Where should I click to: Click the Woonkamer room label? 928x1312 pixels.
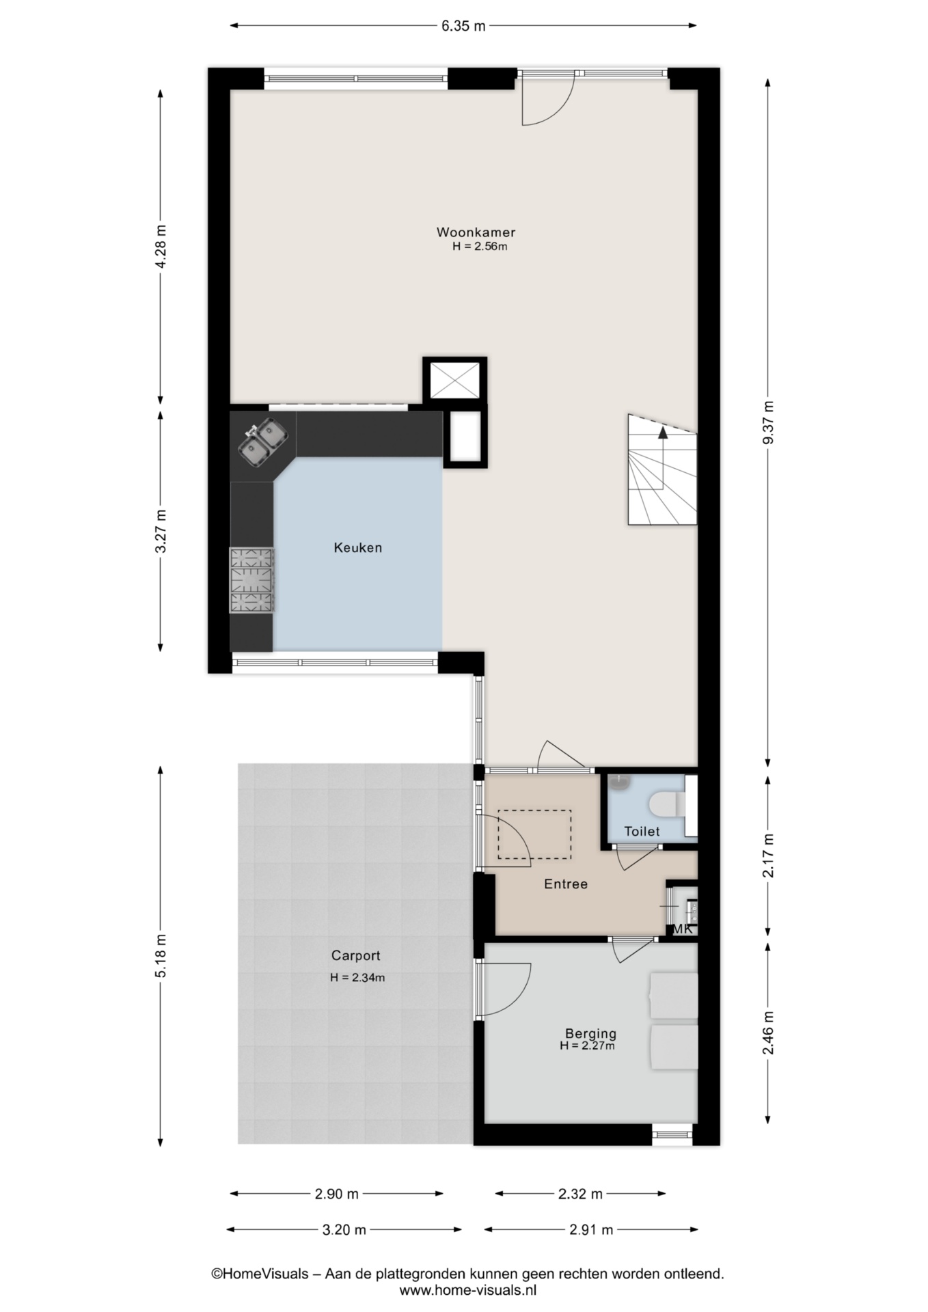tap(476, 232)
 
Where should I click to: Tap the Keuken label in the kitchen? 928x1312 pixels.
tap(357, 547)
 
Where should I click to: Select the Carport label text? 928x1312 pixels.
tap(355, 956)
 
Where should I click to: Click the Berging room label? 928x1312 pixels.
tap(590, 1034)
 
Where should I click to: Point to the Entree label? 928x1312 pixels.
tap(566, 884)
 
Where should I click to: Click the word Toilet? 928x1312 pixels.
tap(642, 832)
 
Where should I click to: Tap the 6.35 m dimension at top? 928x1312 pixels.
tap(463, 26)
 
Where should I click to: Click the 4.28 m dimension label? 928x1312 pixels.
tap(161, 247)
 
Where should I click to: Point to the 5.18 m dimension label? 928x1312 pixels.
tap(161, 955)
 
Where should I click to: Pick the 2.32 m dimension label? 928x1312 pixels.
tap(580, 1194)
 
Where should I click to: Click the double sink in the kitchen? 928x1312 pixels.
tap(263, 441)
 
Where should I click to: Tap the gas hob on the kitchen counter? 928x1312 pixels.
tap(251, 580)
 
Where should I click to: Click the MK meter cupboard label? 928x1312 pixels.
tap(683, 929)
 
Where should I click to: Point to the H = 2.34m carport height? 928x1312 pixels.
tap(357, 978)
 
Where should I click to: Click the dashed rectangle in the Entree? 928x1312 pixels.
tap(534, 834)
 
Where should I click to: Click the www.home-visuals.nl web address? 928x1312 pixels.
tap(468, 1290)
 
